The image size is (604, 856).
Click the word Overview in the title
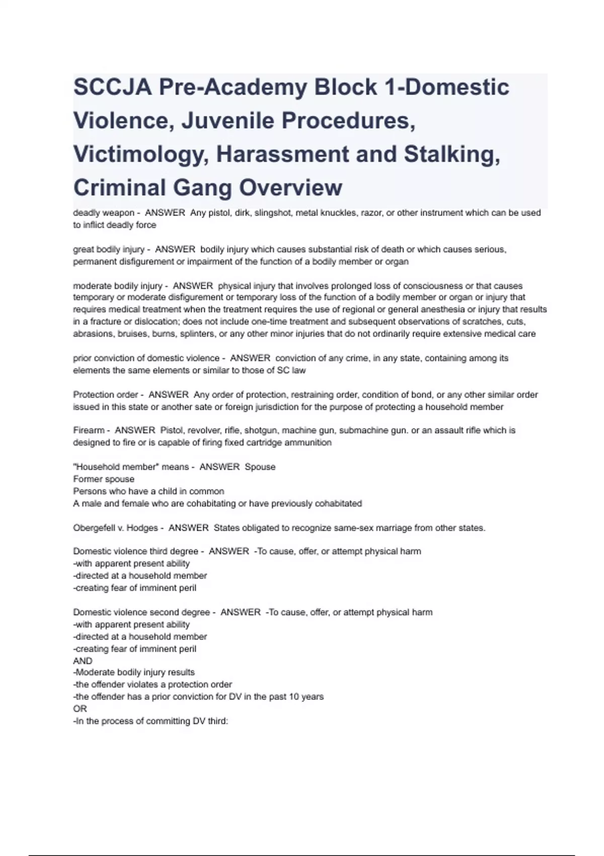pos(290,187)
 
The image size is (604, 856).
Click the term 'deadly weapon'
pos(103,213)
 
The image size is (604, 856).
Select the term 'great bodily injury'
pos(108,249)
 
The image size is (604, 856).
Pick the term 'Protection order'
pos(105,395)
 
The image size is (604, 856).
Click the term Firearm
pos(89,431)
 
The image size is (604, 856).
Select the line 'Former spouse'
pos(104,479)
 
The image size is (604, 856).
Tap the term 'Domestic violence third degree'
pos(135,551)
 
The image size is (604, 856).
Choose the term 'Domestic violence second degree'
pos(141,612)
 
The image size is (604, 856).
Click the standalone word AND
pos(83,661)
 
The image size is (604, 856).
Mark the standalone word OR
pos(80,709)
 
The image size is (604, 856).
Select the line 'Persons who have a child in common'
pos(148,491)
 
